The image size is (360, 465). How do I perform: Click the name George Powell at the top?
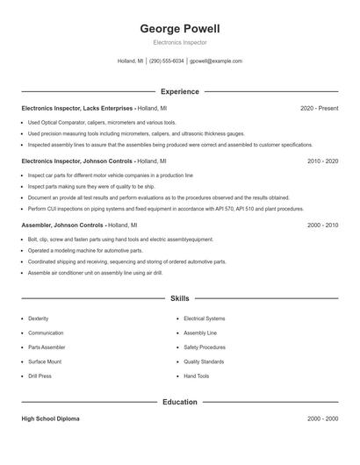tap(179, 28)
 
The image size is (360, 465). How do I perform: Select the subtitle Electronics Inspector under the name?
tap(179, 42)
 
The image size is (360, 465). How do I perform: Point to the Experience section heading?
tap(179, 91)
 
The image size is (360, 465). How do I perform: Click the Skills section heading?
tap(179, 298)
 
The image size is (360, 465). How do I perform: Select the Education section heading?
tap(179, 402)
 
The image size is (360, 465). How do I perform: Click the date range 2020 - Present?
tap(319, 108)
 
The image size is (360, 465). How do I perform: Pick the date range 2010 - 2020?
tap(322, 161)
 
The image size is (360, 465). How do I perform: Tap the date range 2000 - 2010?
tap(322, 225)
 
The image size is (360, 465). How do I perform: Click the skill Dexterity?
tap(39, 318)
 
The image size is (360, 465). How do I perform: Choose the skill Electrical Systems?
tap(204, 318)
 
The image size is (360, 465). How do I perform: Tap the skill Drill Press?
tap(40, 376)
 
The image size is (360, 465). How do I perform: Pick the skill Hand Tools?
tap(196, 376)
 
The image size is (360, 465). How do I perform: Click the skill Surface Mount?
tap(44, 361)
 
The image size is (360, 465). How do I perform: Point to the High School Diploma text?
tap(50, 418)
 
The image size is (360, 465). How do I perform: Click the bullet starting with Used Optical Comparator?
tap(102, 123)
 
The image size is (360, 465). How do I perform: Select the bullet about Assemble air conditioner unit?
tap(95, 272)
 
